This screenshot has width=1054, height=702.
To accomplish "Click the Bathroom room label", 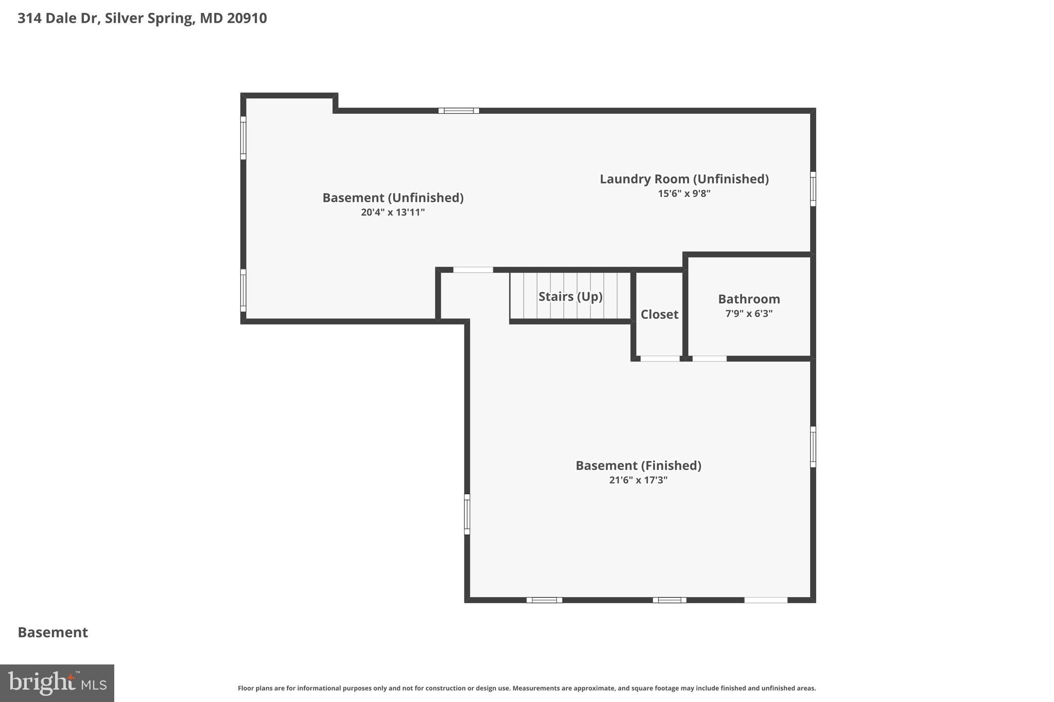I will click(x=749, y=299).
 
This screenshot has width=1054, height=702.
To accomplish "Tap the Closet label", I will click(x=659, y=314).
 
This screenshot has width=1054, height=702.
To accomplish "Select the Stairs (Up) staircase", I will click(x=570, y=297).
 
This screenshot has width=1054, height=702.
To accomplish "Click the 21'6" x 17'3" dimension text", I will click(x=638, y=480).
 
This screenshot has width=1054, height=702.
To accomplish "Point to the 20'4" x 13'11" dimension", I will click(x=393, y=212).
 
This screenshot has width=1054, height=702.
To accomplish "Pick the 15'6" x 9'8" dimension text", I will click(x=684, y=194).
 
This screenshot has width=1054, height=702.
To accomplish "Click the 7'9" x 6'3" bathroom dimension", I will click(x=749, y=314).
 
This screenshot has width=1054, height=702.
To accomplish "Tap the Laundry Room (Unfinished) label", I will click(x=684, y=179).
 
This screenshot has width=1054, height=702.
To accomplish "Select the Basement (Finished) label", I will click(x=638, y=465).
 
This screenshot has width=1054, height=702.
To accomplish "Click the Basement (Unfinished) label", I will click(x=393, y=197).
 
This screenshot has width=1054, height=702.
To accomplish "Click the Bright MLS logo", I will click(x=57, y=683).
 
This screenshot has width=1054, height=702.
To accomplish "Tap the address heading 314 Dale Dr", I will click(x=142, y=19).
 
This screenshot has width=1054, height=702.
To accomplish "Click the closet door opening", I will click(x=660, y=358).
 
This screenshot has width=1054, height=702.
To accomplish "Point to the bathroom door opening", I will click(x=709, y=358).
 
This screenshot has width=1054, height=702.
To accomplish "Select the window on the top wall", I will click(x=459, y=111).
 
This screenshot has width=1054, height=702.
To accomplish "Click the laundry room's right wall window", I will click(x=813, y=189).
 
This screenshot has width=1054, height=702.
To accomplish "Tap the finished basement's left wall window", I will click(x=467, y=514).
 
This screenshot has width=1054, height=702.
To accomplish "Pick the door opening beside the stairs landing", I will click(x=473, y=270).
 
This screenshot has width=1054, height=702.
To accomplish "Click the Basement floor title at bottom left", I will click(x=53, y=633).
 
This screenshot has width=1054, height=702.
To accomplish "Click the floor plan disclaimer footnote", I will click(x=526, y=688).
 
